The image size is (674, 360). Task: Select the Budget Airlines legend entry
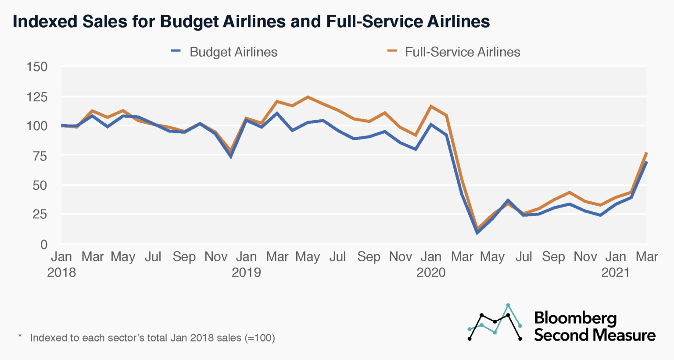click(x=224, y=52)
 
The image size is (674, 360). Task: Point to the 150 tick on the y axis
click(x=37, y=67)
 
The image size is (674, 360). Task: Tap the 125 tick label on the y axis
click(x=37, y=96)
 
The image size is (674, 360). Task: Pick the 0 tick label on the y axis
click(x=43, y=244)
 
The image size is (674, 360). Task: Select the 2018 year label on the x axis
click(x=61, y=272)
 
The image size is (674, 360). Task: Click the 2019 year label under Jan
click(x=246, y=272)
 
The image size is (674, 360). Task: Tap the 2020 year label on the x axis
click(x=431, y=272)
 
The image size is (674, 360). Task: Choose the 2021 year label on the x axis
click(x=616, y=272)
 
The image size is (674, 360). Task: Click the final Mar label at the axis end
click(x=647, y=257)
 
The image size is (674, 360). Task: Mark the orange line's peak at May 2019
click(x=308, y=97)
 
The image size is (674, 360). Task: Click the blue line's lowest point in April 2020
click(x=477, y=232)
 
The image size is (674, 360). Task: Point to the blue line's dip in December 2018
click(x=231, y=157)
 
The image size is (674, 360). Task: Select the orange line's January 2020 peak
click(x=431, y=106)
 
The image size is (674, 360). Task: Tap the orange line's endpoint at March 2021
click(x=647, y=153)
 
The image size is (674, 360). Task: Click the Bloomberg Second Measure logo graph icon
click(x=495, y=322)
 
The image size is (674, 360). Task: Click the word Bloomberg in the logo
click(x=575, y=318)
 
